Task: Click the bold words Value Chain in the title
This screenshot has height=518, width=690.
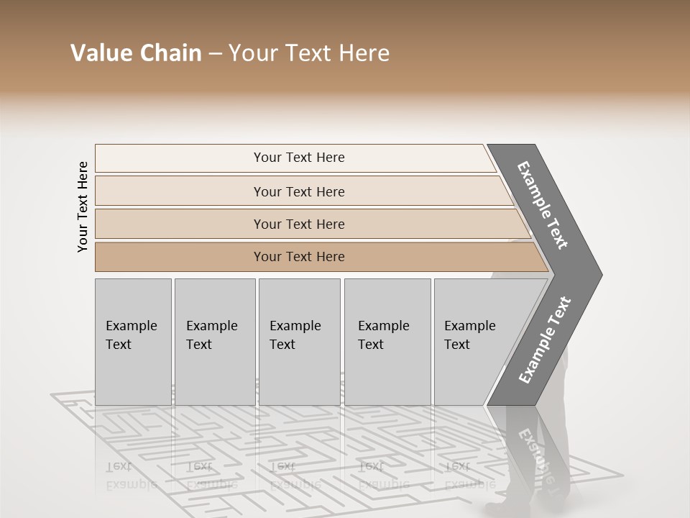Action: (136, 53)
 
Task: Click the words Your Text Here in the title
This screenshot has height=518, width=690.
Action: (309, 53)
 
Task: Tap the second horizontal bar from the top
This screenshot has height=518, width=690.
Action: (299, 191)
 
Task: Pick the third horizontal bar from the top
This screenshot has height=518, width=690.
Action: (299, 224)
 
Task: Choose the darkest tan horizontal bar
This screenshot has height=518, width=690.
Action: (299, 257)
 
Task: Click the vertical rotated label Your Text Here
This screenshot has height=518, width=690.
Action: (83, 207)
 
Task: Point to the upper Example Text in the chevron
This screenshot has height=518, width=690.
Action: (543, 206)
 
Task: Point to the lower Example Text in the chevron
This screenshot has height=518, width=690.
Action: (545, 340)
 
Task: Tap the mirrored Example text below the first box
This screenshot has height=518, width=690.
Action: (131, 476)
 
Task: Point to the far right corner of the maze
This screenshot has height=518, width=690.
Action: (622, 474)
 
